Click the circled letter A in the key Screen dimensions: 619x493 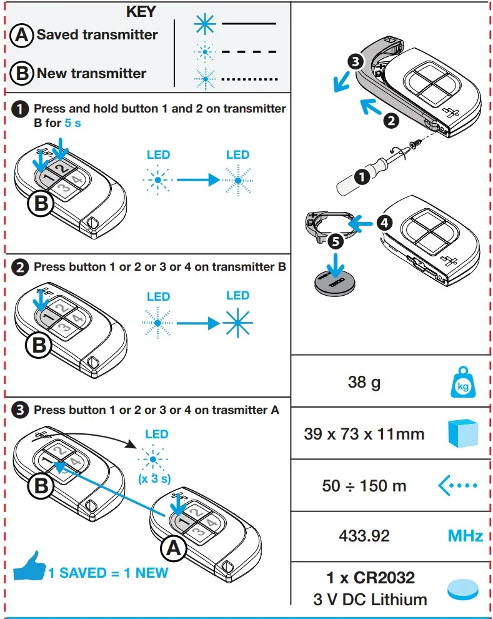[x=21, y=36]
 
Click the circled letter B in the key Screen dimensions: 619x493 [x=21, y=74]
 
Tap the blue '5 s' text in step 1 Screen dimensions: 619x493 [x=73, y=123]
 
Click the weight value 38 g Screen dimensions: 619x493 [x=364, y=381]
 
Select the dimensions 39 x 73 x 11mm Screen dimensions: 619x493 [x=364, y=433]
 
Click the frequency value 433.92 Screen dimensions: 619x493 [x=364, y=536]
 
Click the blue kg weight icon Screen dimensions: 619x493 [x=463, y=382]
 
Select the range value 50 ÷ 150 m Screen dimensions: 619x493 [x=364, y=485]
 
